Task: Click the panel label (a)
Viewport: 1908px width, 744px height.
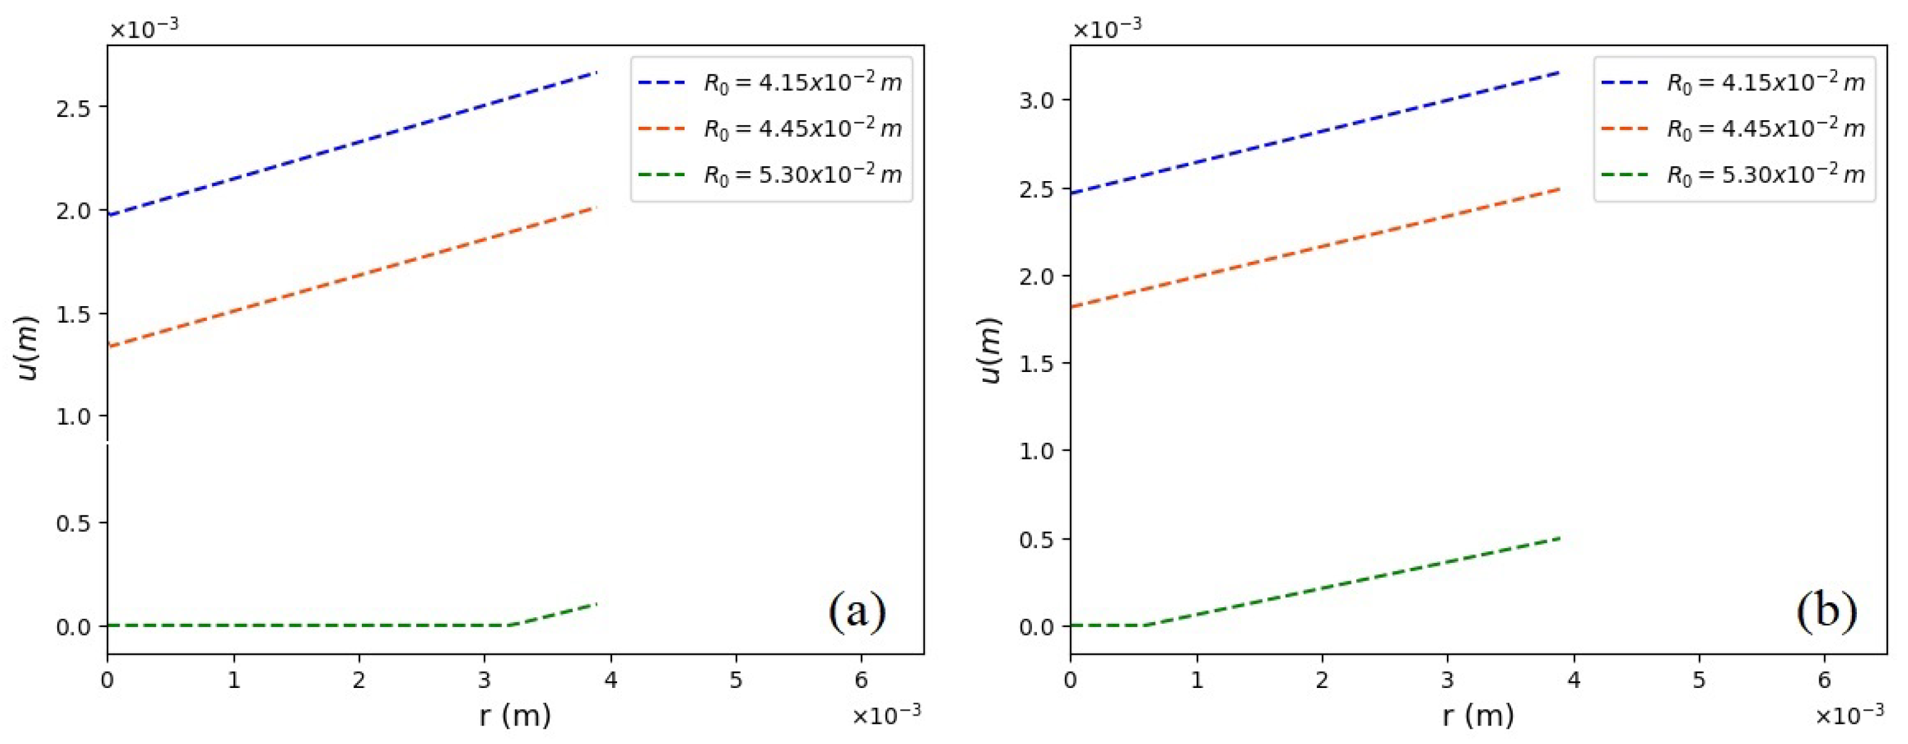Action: click(857, 612)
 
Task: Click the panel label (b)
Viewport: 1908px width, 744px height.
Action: click(1826, 612)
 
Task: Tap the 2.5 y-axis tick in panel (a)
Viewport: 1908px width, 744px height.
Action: click(73, 107)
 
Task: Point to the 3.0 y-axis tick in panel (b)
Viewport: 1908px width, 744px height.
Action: click(1036, 100)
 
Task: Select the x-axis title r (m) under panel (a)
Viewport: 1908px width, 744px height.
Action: click(515, 715)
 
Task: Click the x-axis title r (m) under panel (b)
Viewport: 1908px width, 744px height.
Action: click(1478, 715)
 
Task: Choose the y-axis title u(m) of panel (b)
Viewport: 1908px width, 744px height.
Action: click(991, 350)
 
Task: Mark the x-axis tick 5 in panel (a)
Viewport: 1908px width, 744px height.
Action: click(735, 679)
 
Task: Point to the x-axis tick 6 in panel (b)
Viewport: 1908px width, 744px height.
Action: click(1824, 679)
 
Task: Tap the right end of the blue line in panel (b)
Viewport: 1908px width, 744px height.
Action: click(1559, 72)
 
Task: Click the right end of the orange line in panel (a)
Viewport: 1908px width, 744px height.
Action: click(596, 208)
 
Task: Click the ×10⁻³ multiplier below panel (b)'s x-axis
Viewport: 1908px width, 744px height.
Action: click(1849, 715)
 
